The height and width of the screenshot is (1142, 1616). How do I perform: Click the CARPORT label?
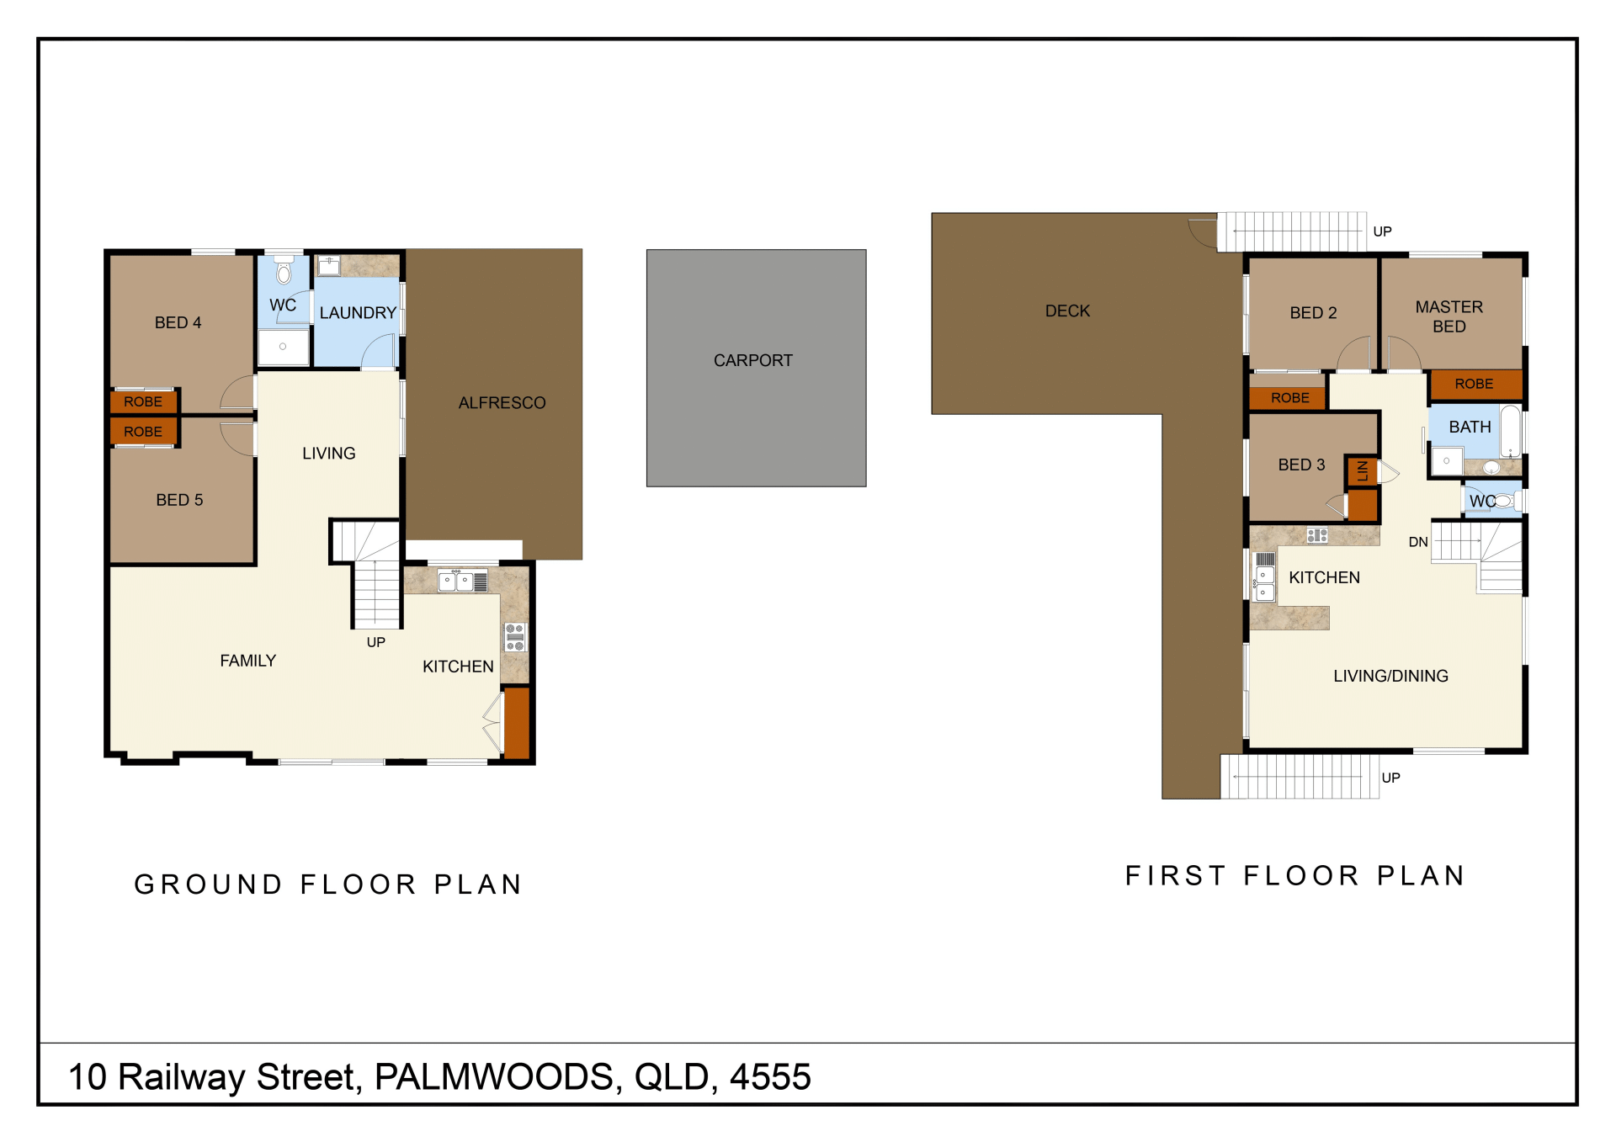[753, 361]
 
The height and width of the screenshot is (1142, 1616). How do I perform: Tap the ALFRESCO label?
[502, 403]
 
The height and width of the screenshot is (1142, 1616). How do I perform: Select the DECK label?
[1067, 311]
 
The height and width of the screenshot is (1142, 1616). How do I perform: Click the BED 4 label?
[178, 323]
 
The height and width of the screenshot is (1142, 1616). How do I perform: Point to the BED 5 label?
[179, 501]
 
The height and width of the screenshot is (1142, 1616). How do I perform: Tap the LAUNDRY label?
[358, 313]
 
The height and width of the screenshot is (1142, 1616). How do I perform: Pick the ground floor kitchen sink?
[455, 581]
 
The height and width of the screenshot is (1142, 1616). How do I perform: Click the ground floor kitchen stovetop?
[515, 637]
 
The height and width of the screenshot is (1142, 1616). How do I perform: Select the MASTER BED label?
[1449, 317]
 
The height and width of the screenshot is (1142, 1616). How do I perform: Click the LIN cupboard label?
[1362, 471]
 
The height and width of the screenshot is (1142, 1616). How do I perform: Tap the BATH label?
[1470, 428]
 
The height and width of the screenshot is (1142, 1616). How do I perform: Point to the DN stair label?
[1418, 543]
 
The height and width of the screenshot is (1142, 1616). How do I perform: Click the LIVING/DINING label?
[1390, 677]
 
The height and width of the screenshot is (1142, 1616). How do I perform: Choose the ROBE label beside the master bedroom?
[1474, 385]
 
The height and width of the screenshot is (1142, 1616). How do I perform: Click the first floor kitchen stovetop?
[1317, 535]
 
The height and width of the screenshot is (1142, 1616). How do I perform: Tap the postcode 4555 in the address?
[770, 1077]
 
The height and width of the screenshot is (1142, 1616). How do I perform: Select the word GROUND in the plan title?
[209, 884]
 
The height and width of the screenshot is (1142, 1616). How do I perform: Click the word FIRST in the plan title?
[1175, 876]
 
